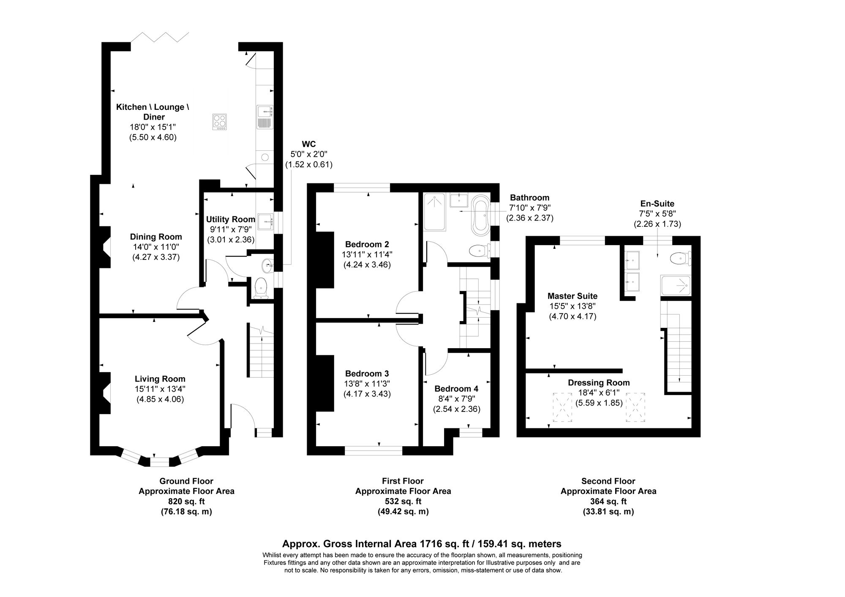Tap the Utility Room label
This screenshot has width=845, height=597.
point(230,219)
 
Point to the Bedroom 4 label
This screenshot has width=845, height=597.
point(456,389)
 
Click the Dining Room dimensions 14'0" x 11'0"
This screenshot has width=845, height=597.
point(156,247)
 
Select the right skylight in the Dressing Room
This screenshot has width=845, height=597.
point(635,407)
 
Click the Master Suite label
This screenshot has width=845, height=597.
point(572,296)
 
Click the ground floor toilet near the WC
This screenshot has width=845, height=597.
point(262,288)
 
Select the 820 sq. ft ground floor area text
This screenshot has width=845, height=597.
point(186,502)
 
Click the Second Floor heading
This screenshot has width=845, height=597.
point(608,481)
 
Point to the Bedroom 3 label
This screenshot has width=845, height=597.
point(367,373)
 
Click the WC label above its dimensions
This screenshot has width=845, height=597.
point(309,144)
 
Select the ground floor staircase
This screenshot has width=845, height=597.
point(262,353)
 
